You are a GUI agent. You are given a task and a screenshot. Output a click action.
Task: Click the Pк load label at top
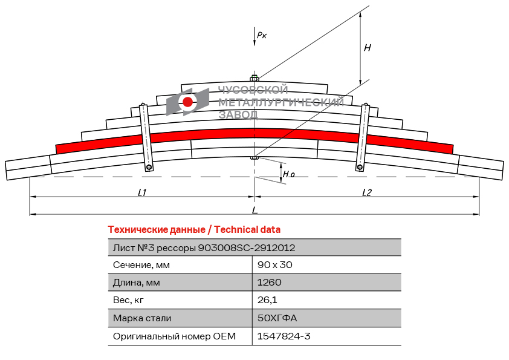262,35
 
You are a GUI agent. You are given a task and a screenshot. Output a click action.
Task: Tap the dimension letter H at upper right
367,47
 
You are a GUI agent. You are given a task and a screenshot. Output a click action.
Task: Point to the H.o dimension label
289,174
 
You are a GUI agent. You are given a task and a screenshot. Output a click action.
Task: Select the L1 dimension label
142,192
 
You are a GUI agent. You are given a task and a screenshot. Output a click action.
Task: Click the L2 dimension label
367,192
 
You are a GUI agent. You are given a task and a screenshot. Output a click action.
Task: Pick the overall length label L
254,210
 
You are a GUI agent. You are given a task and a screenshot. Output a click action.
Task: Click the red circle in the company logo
188,102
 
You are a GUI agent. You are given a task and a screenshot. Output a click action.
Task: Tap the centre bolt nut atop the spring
254,78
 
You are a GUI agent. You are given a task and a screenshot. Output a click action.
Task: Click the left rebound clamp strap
146,137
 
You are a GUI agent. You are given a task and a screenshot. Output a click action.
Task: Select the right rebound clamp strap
363,137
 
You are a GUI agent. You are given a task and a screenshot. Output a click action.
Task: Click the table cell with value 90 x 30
274,264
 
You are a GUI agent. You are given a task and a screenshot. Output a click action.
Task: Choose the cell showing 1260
270,282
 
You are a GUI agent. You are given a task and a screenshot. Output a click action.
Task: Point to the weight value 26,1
267,299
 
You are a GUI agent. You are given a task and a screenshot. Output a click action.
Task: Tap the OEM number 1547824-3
284,336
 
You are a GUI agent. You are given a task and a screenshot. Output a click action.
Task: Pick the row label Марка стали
142,318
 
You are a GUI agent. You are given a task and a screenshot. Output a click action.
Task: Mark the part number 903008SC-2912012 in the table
247,247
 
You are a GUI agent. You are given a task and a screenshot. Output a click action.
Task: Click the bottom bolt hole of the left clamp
149,167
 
